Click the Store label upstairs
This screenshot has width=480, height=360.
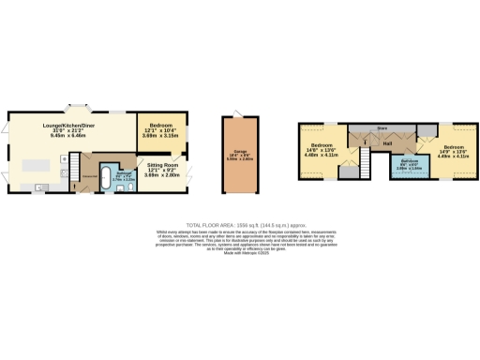point(382,126)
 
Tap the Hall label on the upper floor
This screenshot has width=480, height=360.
point(386,143)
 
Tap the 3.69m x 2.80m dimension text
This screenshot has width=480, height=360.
point(161,174)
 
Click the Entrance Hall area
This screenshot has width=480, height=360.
point(89,176)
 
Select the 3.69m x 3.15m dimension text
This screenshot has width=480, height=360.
point(161,136)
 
